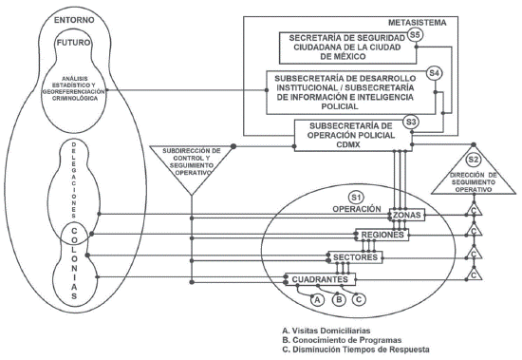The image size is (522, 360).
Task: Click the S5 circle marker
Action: click(x=415, y=35)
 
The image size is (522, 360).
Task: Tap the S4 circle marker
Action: click(x=434, y=73)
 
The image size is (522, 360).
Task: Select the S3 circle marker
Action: click(x=411, y=122)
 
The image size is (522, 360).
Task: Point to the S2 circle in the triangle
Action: click(x=473, y=160)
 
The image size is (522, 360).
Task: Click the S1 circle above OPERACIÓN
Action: click(x=356, y=198)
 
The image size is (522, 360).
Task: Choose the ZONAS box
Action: click(x=407, y=215)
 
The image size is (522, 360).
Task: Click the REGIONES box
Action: click(x=382, y=235)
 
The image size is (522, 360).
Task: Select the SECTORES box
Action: click(x=355, y=257)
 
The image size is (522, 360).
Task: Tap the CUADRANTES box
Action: click(x=320, y=279)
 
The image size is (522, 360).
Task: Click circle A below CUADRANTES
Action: click(x=317, y=299)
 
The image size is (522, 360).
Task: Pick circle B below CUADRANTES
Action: click(x=339, y=299)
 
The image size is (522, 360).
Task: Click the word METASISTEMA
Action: click(x=418, y=23)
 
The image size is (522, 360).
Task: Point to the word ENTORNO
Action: click(x=74, y=20)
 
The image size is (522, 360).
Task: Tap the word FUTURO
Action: click(x=73, y=43)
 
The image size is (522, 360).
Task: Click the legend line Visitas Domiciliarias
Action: click(x=326, y=331)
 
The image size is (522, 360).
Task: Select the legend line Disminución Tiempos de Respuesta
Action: click(x=356, y=350)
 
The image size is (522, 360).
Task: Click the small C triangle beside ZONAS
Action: click(x=474, y=209)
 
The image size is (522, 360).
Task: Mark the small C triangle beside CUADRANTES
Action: click(x=474, y=274)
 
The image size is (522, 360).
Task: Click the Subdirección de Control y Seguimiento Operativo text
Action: click(x=192, y=161)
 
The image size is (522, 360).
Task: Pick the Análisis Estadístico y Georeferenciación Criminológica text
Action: click(x=74, y=88)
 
